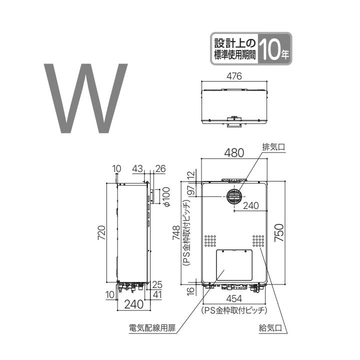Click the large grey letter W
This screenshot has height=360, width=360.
(86, 98)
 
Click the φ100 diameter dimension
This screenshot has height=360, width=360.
(166, 196)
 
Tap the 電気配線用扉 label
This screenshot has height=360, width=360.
(148, 328)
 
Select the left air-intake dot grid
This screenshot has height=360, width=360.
(210, 241)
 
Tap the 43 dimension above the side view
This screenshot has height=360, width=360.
(138, 169)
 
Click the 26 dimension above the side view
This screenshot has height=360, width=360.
(160, 169)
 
